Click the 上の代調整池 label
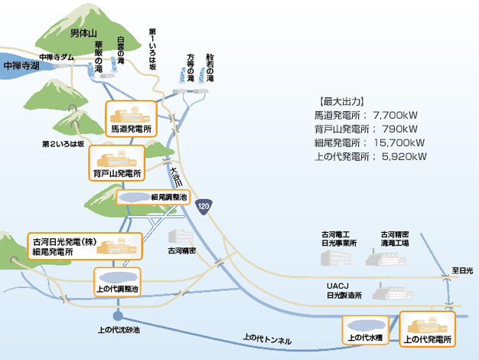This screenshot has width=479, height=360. (x=117, y=290)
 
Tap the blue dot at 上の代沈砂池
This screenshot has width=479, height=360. (x=118, y=316)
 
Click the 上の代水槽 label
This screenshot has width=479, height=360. (x=366, y=337)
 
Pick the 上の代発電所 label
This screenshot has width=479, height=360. (x=427, y=338)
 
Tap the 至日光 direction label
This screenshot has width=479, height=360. (x=462, y=271)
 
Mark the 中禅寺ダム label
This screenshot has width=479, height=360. (x=57, y=57)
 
